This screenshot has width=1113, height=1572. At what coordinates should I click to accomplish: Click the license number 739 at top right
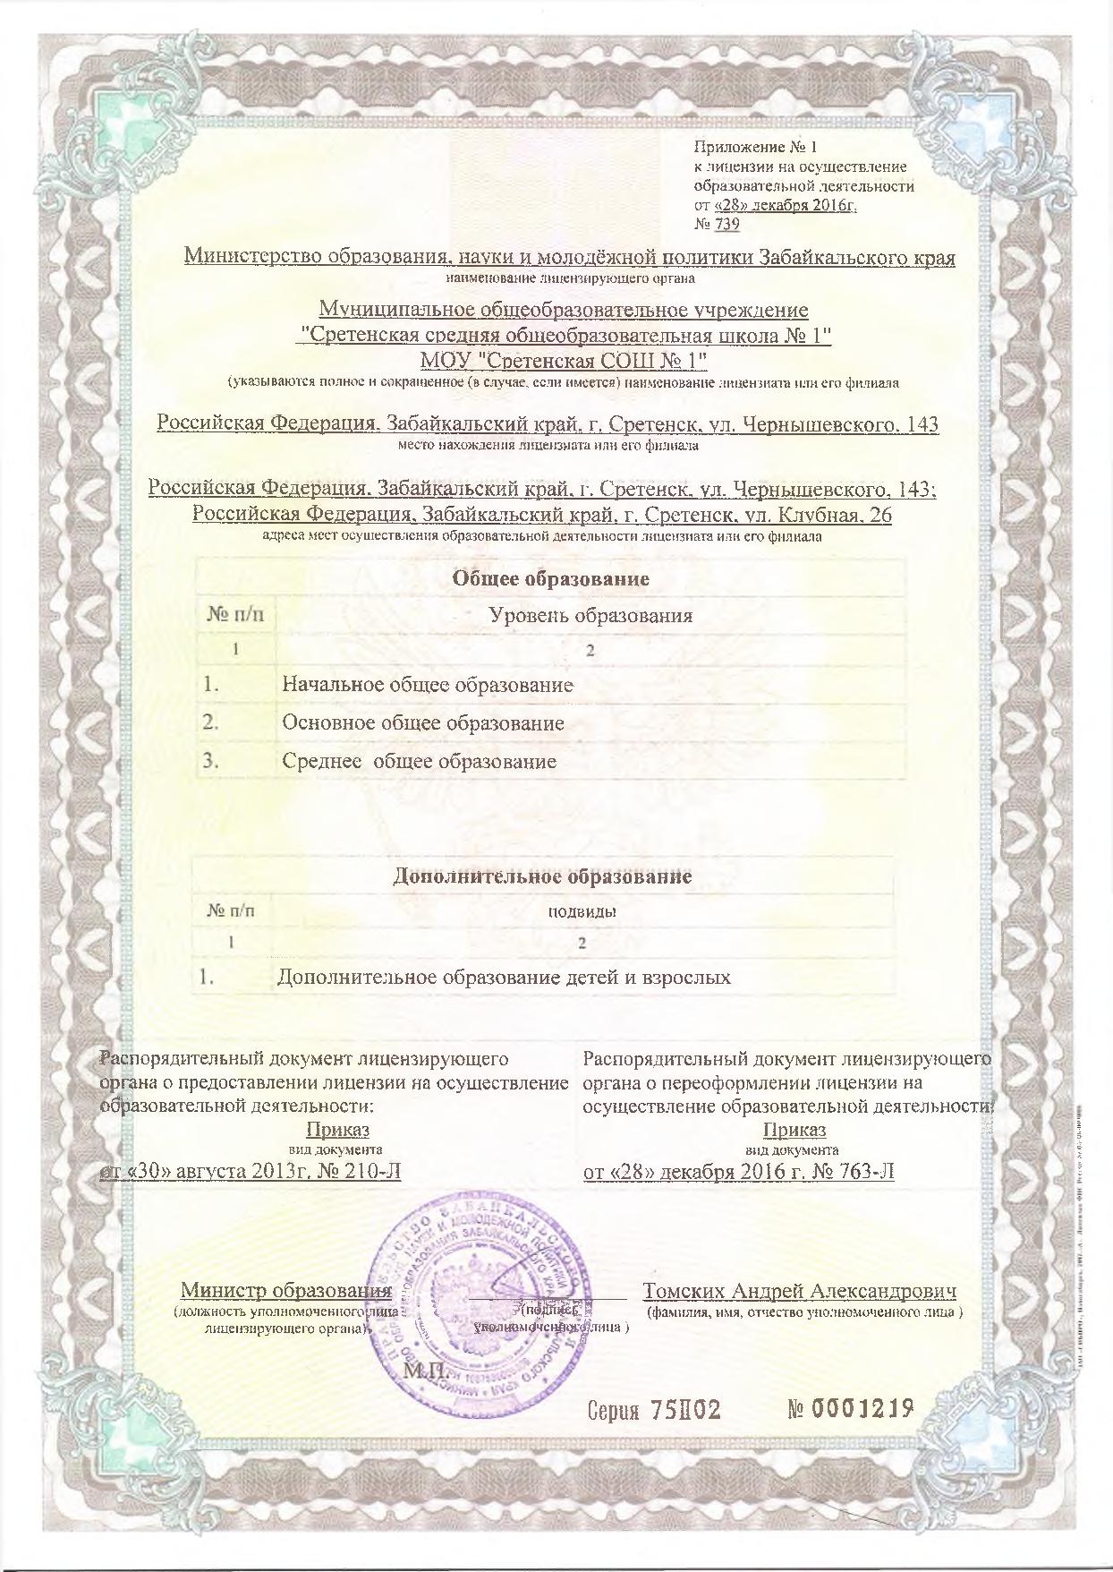(726, 225)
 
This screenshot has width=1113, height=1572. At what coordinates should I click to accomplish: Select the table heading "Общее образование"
(550, 578)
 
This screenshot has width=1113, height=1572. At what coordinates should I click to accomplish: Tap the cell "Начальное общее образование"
(427, 686)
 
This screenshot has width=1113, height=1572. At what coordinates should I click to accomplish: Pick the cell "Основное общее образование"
(422, 723)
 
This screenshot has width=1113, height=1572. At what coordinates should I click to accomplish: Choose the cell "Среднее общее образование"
(419, 762)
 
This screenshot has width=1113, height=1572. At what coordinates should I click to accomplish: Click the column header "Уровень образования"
(590, 616)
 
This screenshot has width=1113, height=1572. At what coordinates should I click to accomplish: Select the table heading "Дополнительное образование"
(542, 876)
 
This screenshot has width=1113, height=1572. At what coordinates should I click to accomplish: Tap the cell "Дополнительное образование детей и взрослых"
(504, 978)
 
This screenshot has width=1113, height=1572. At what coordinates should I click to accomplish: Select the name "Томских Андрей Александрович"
(800, 1292)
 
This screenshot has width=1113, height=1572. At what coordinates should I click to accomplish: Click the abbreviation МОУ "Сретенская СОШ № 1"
(565, 361)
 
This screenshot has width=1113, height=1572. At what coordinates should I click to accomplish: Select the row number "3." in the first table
(211, 762)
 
